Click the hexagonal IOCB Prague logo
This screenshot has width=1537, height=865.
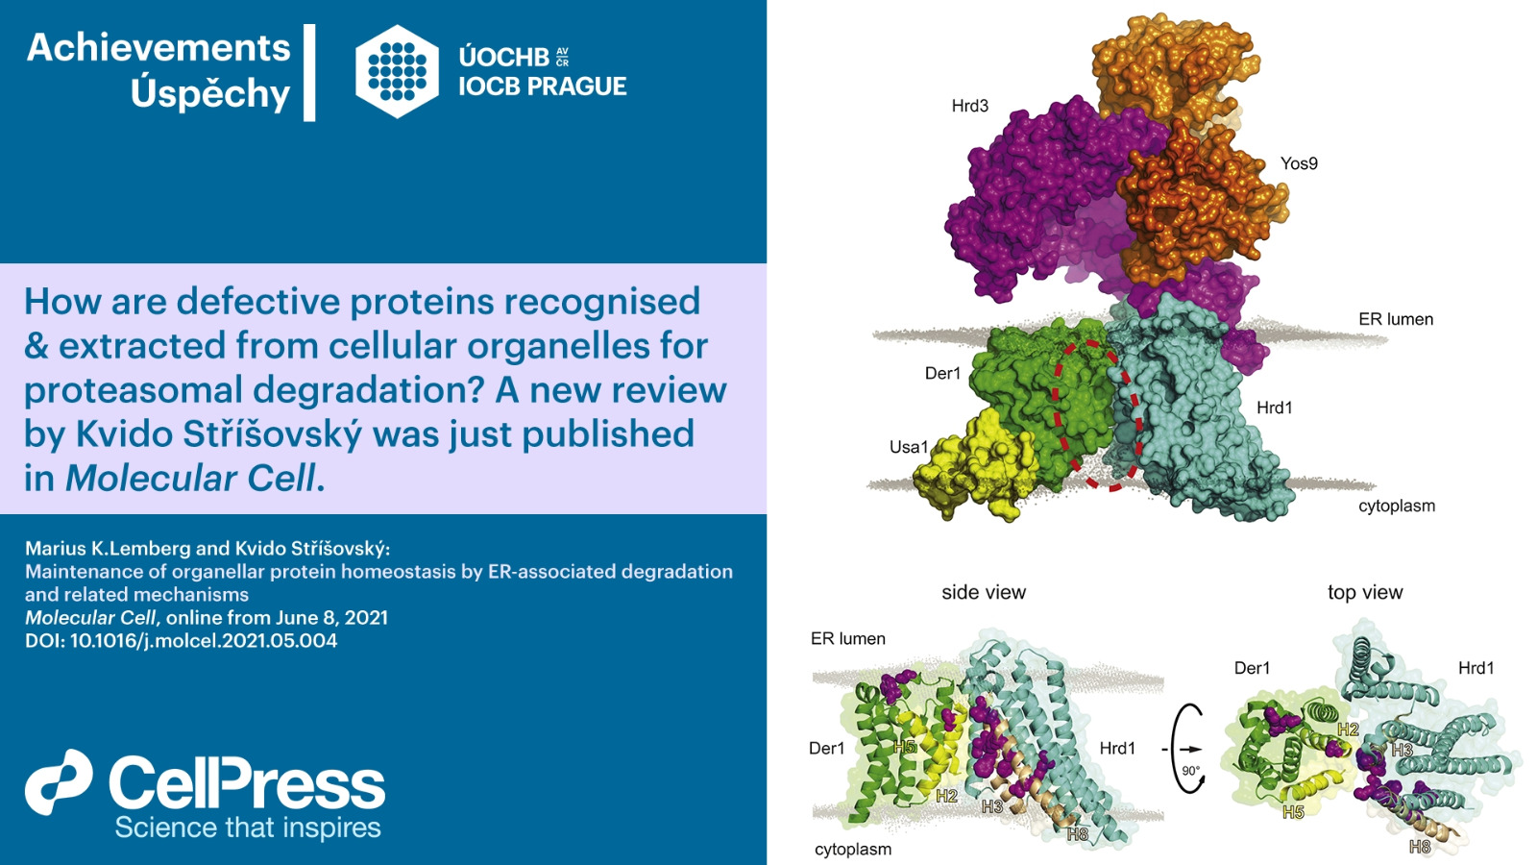coord(398,71)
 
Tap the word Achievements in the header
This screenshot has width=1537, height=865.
coord(159,48)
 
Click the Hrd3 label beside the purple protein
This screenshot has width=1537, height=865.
coord(969,106)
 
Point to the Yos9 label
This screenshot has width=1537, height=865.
coord(1299,163)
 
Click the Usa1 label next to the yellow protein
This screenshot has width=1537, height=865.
coord(909,447)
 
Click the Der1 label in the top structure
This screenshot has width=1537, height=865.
coord(942,374)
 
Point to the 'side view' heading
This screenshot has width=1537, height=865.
coord(984,592)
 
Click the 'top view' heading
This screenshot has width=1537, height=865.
coord(1365,592)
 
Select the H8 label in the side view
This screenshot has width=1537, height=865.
coord(1077,834)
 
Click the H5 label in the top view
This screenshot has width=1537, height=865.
coord(1293,813)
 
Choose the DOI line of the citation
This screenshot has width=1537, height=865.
coord(182,641)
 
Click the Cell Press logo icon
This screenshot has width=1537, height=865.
coord(59,782)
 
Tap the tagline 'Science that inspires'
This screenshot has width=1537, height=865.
coord(248,828)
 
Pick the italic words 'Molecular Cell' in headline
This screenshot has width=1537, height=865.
coord(190,478)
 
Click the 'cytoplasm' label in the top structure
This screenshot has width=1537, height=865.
coord(1397,507)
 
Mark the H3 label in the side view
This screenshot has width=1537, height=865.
coord(992,806)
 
